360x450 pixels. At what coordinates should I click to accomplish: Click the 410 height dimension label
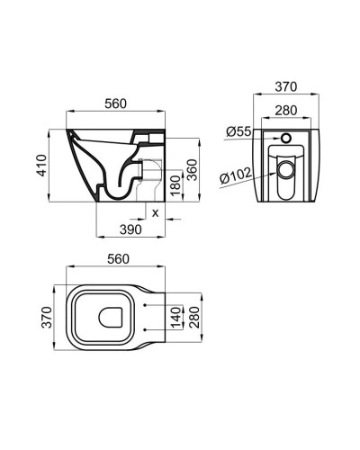point(41,166)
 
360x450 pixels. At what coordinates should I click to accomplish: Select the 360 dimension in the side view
point(192,170)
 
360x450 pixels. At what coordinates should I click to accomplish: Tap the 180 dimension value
point(175,185)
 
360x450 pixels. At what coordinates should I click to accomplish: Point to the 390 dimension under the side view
point(130,229)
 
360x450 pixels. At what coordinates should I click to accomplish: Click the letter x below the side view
point(155,213)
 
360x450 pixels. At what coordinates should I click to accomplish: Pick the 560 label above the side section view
point(115,103)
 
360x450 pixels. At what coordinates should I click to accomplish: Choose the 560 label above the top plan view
point(118,259)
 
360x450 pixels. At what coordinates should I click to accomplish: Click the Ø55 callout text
point(238,131)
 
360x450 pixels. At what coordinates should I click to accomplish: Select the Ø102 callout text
point(235,175)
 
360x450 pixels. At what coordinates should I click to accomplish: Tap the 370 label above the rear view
point(286,86)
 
